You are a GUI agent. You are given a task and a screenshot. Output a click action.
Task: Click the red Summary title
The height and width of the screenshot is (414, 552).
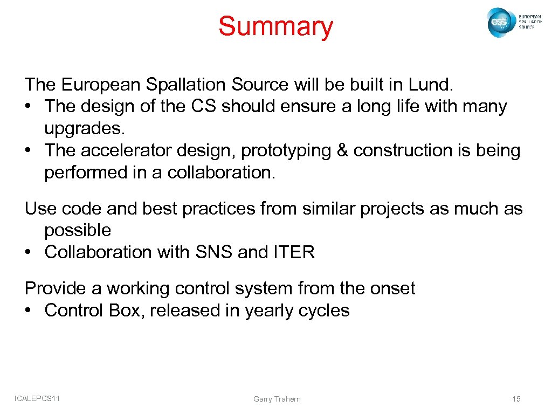pyautogui.click(x=275, y=27)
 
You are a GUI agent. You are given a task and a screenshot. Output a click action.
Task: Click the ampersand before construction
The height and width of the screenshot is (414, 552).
pyautogui.click(x=342, y=151)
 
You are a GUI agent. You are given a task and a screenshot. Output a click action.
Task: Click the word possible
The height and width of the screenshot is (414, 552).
pyautogui.click(x=78, y=231)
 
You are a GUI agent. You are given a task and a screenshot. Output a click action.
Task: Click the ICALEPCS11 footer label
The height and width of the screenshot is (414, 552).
pyautogui.click(x=37, y=398)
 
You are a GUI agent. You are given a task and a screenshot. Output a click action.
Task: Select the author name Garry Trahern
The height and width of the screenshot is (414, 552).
pyautogui.click(x=277, y=399)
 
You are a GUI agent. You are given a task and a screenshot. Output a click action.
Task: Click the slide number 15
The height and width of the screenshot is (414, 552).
pyautogui.click(x=516, y=399)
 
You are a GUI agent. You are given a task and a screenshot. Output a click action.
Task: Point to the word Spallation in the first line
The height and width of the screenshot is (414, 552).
pyautogui.click(x=181, y=85)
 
